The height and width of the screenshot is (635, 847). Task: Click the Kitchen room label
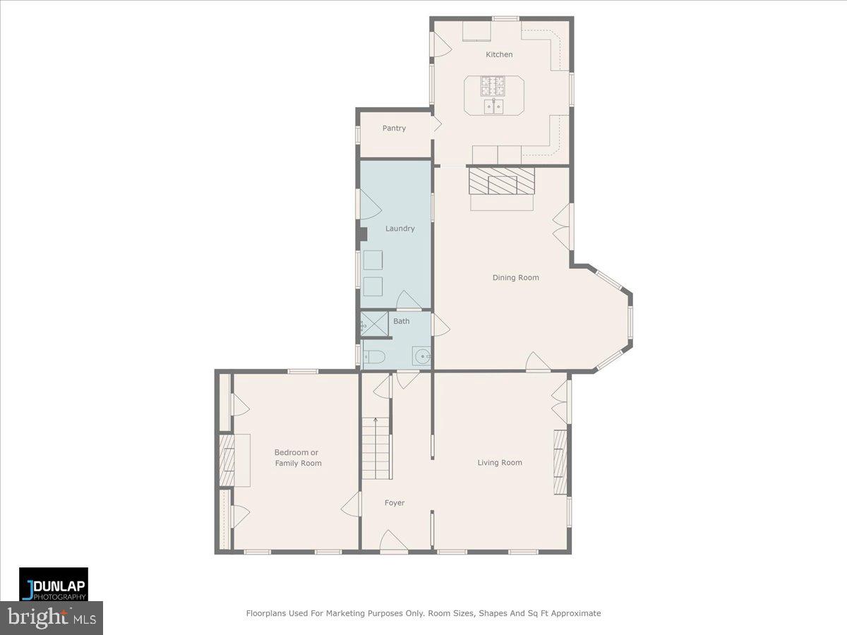click(499, 54)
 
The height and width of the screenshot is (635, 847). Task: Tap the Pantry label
click(394, 128)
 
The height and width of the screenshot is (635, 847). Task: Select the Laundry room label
click(400, 229)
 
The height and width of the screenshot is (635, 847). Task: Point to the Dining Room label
click(515, 277)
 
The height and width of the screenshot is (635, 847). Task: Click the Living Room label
click(500, 463)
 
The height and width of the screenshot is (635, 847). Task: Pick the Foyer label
click(395, 503)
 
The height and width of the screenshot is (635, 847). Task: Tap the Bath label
click(401, 321)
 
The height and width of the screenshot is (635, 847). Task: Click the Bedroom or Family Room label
click(297, 458)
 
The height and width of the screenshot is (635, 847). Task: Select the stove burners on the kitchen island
click(493, 86)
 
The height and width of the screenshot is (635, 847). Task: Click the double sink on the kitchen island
click(493, 106)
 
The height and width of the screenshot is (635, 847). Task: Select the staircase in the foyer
click(376, 447)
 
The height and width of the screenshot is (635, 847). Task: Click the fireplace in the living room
click(560, 462)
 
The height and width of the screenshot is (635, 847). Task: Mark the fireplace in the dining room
click(501, 181)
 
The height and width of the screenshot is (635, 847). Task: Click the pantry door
click(436, 126)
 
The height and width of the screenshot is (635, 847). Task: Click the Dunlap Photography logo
click(54, 584)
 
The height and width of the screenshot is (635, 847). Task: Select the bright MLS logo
click(52, 618)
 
